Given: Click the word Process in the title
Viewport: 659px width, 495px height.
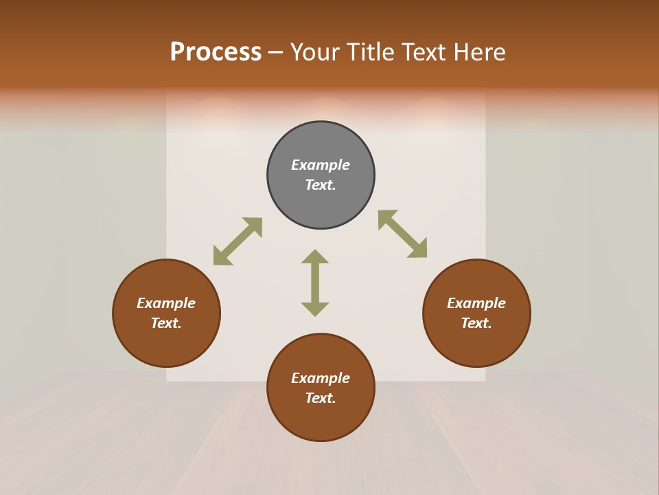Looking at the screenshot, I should (x=216, y=52).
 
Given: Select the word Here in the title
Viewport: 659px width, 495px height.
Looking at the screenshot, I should (x=478, y=52).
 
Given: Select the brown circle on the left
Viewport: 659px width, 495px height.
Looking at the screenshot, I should (x=166, y=344).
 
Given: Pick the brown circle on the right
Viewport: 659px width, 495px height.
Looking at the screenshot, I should (x=476, y=344).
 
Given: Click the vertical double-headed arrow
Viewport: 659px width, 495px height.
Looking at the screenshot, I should (x=315, y=283).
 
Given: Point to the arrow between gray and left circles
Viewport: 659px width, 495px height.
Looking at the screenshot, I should (x=238, y=241).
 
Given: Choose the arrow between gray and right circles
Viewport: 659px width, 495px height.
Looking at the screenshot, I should (x=402, y=234).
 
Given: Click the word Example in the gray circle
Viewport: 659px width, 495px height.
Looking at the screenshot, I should (x=321, y=165).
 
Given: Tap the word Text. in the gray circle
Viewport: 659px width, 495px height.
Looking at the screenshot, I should (x=321, y=185).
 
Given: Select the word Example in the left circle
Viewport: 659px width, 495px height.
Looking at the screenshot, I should (x=166, y=303).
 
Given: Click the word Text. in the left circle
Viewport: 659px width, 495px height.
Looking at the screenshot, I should (x=166, y=323).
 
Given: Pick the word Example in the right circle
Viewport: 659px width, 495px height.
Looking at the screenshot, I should (x=476, y=303).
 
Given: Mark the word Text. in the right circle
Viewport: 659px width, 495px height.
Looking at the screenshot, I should (x=476, y=323).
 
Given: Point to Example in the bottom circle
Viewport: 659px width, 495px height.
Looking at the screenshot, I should (x=321, y=378).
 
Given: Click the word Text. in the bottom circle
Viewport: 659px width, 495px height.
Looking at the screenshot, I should (x=321, y=398).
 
